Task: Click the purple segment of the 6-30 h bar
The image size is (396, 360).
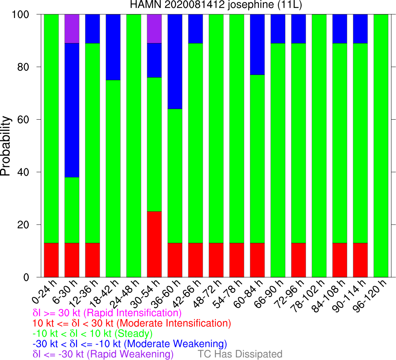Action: [72, 28]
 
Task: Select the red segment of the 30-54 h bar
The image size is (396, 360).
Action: [154, 244]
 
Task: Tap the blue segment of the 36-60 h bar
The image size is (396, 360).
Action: [175, 61]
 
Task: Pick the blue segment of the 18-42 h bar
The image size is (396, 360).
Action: [113, 47]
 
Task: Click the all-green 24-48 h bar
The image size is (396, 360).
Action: [134, 146]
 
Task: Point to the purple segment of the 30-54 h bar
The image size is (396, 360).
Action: [154, 28]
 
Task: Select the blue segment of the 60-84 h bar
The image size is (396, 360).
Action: [257, 45]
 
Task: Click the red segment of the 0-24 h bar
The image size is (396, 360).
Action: [51, 260]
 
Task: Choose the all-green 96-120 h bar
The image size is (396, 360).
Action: [381, 146]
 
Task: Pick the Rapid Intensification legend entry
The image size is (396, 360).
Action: [107, 313]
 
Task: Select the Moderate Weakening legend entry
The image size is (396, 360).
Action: [130, 343]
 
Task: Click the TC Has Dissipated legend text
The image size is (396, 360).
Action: [240, 354]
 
